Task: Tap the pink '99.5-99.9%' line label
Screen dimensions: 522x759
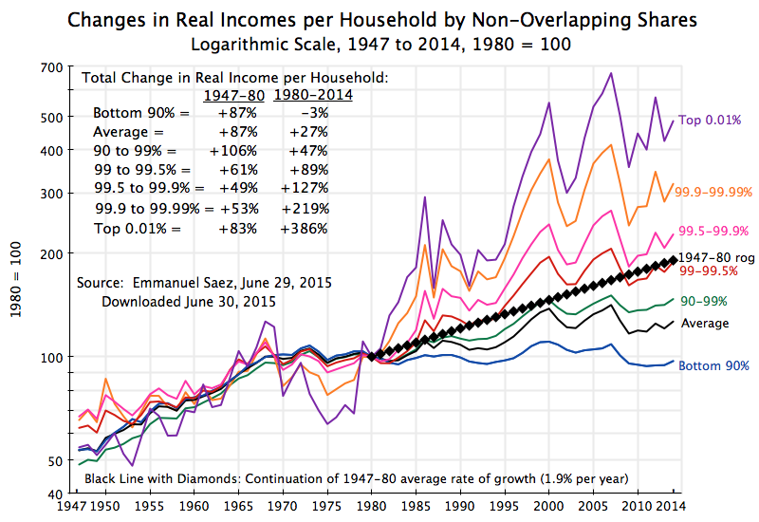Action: click(714, 230)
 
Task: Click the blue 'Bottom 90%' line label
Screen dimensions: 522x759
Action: click(714, 365)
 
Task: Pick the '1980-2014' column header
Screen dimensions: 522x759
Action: click(313, 95)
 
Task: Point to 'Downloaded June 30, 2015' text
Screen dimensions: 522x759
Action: click(188, 302)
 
